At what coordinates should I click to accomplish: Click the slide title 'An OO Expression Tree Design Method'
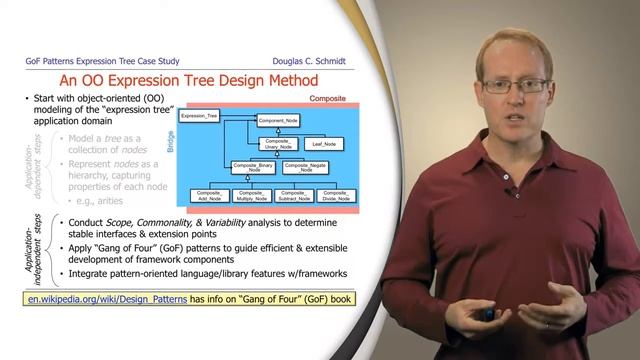tap(189, 79)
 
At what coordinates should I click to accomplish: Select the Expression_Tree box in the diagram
tap(198, 117)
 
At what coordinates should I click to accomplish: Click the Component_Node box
tap(278, 121)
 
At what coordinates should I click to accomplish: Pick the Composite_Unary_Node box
tap(279, 145)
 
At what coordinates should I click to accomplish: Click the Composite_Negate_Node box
tap(304, 167)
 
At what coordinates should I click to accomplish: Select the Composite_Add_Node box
tap(209, 196)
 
